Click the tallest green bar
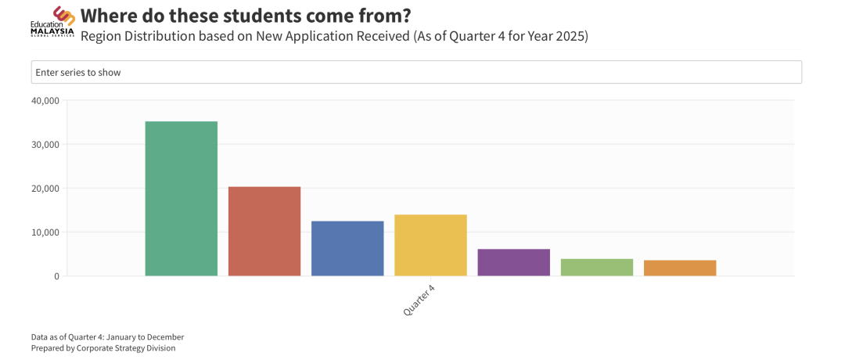click(x=182, y=199)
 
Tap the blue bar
click(x=347, y=249)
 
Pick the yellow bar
click(x=430, y=245)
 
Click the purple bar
click(x=513, y=262)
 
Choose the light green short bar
click(x=597, y=268)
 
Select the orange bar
click(x=680, y=268)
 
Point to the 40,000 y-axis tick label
click(x=45, y=101)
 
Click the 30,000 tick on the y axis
click(x=45, y=145)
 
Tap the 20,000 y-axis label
click(x=45, y=189)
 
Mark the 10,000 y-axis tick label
click(x=45, y=232)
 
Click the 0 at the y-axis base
click(x=56, y=276)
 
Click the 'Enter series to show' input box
click(x=416, y=72)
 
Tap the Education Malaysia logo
click(x=53, y=22)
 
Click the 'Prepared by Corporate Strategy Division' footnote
click(x=103, y=348)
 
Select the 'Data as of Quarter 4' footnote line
click(x=107, y=337)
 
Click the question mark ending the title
click(x=405, y=16)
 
